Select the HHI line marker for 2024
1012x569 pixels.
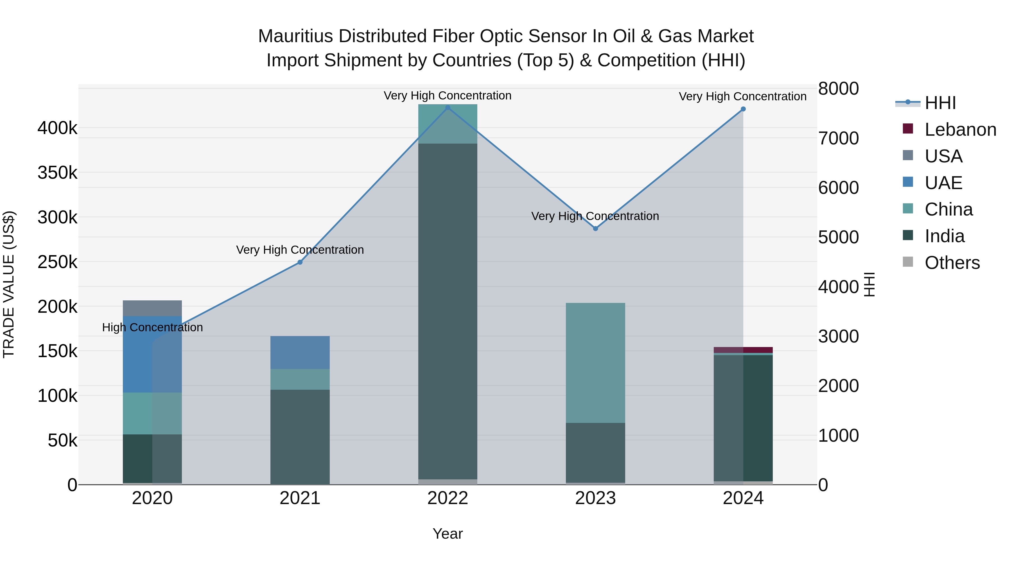(x=743, y=109)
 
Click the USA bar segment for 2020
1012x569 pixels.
(x=152, y=308)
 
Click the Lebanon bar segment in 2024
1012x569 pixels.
(x=743, y=350)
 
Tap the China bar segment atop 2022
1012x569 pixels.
(x=448, y=124)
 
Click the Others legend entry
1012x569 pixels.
(x=952, y=263)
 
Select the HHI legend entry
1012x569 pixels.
(x=940, y=103)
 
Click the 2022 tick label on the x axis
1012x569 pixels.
(x=448, y=498)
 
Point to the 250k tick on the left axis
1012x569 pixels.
(x=57, y=262)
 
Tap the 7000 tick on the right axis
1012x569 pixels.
(x=838, y=138)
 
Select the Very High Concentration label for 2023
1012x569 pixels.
(x=595, y=216)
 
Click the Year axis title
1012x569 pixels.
(x=448, y=534)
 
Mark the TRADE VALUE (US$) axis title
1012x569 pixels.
(x=9, y=284)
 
